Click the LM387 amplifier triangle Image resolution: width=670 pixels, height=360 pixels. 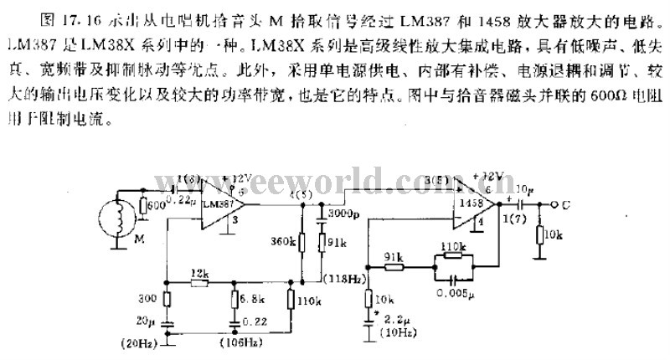(219, 203)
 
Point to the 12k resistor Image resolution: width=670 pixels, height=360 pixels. (198, 282)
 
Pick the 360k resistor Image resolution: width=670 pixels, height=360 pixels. (300, 243)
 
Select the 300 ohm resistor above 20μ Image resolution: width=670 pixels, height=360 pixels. (167, 299)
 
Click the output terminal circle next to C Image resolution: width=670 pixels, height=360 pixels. (553, 203)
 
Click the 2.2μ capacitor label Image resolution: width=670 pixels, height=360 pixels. (392, 319)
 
